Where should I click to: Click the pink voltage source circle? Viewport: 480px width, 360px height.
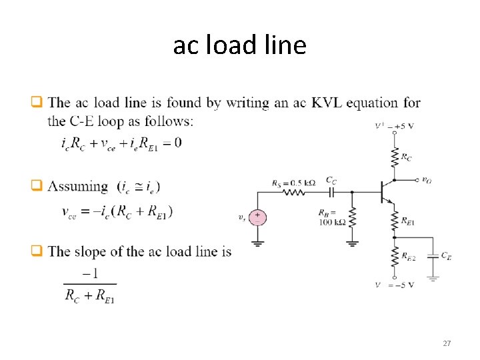tap(257, 217)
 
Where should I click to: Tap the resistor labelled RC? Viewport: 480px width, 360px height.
tap(395, 157)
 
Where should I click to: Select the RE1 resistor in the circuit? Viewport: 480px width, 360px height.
tap(395, 219)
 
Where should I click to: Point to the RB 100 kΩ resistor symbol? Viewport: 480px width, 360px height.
tap(353, 217)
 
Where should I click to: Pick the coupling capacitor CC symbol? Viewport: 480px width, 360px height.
tap(331, 192)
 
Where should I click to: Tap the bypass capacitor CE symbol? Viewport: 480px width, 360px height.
tap(433, 255)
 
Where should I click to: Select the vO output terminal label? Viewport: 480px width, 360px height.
tap(427, 179)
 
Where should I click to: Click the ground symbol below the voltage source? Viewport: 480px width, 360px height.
tap(257, 243)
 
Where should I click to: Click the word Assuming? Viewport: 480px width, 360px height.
tap(79, 187)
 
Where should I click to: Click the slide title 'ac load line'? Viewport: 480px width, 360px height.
tap(239, 45)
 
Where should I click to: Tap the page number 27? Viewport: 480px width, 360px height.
tap(447, 343)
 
